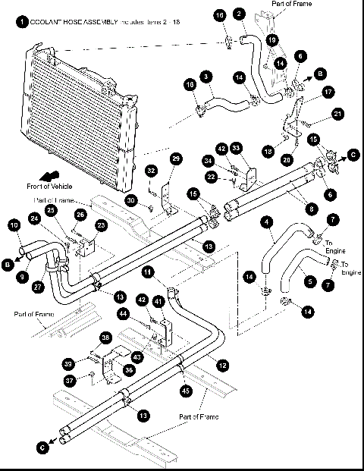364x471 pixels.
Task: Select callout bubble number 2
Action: [x=239, y=14]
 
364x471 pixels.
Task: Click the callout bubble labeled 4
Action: [x=266, y=223]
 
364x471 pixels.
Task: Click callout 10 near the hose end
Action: [x=14, y=225]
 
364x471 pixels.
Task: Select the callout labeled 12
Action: [x=222, y=364]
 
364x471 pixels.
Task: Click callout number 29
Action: [x=176, y=159]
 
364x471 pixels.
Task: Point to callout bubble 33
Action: [x=236, y=147]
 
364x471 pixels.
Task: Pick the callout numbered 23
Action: [x=101, y=225]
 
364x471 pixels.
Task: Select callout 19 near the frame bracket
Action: [x=272, y=39]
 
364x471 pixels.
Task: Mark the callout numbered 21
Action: [x=338, y=115]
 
